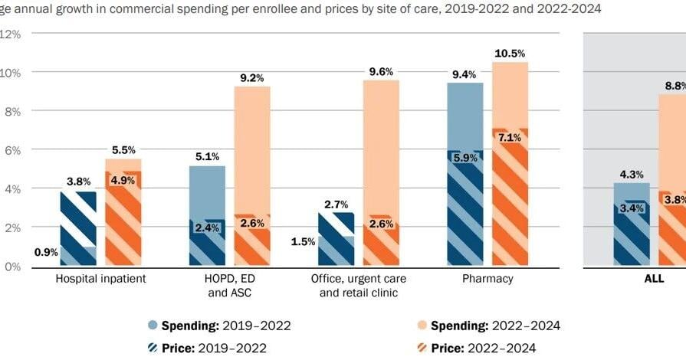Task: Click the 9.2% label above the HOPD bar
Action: click(x=252, y=77)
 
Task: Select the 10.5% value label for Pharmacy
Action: click(x=510, y=53)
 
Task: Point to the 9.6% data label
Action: click(x=381, y=71)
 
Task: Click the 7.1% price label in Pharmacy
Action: click(x=510, y=138)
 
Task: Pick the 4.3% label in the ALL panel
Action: click(x=632, y=174)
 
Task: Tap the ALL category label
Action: click(x=653, y=279)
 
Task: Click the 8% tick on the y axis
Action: click(x=10, y=111)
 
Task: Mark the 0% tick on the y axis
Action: click(x=10, y=267)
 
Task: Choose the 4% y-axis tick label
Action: click(x=10, y=188)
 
